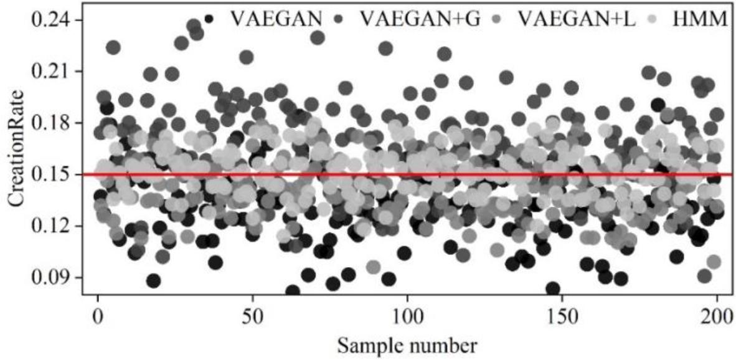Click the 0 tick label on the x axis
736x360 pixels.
point(98,313)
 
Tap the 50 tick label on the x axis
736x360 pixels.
point(253,313)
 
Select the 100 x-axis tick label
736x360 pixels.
point(407,313)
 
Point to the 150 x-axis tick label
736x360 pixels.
point(562,313)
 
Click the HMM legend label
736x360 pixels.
point(700,19)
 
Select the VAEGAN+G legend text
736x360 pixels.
point(418,19)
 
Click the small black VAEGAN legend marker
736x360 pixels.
point(209,19)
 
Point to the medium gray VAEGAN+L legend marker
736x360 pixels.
point(500,19)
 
